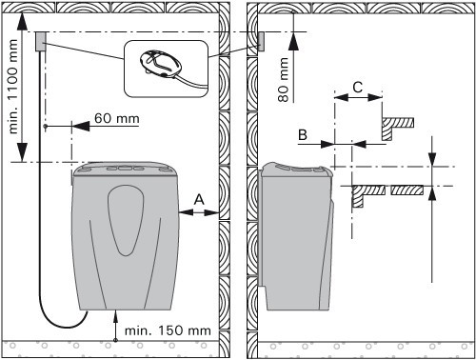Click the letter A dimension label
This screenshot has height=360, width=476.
[199, 200]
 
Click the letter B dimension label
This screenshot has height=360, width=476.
[303, 135]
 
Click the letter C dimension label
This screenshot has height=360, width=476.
[358, 87]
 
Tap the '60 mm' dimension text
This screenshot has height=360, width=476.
[117, 118]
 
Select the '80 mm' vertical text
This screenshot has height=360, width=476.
[284, 80]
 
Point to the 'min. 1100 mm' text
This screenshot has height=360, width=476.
[13, 87]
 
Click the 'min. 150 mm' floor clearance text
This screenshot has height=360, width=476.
[168, 330]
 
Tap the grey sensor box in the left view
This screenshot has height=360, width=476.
[41, 42]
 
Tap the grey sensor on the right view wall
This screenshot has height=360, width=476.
[261, 42]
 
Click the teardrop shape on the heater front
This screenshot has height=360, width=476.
[126, 220]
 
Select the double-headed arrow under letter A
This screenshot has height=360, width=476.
[199, 212]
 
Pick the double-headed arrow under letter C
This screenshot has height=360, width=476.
[358, 97]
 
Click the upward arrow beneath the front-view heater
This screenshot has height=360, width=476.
[115, 326]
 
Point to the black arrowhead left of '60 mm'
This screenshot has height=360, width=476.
[81, 126]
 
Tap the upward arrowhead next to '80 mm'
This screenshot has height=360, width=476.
[294, 41]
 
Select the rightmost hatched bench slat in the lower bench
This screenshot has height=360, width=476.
[407, 190]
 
